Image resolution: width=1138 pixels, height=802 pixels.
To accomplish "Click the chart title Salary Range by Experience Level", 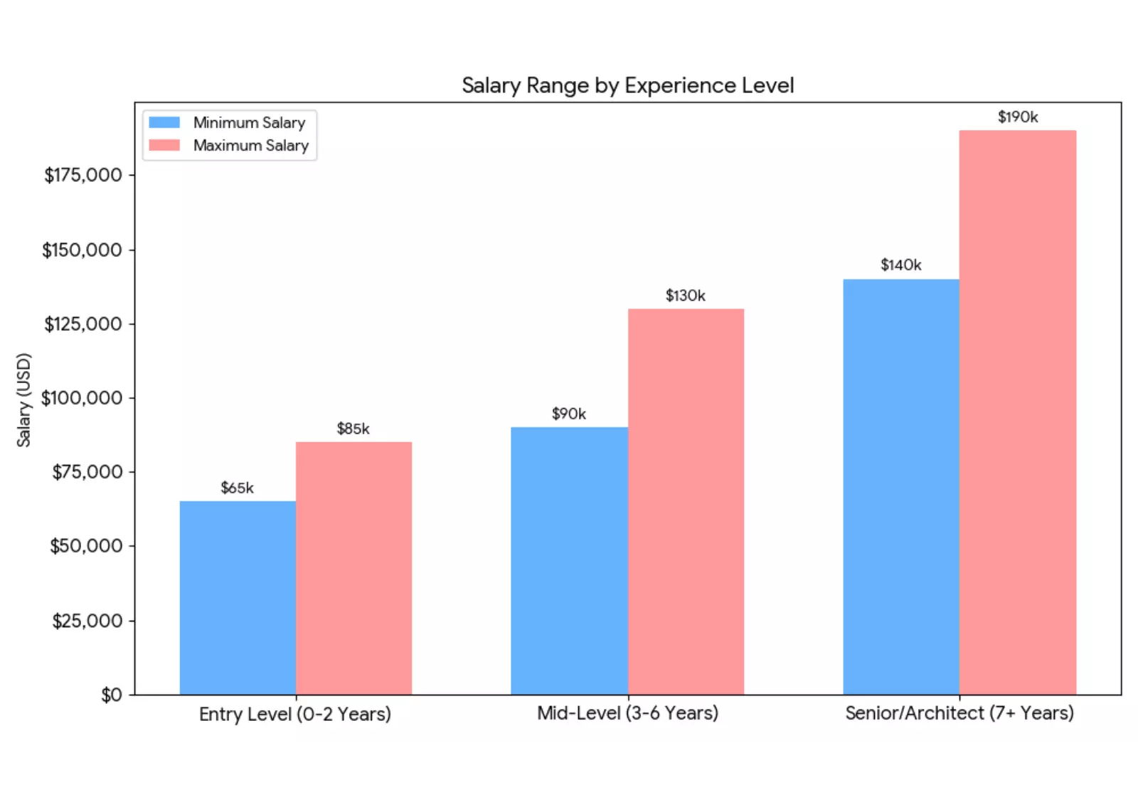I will point(627,85).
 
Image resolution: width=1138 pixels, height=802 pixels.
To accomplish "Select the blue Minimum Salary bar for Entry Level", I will point(238,597).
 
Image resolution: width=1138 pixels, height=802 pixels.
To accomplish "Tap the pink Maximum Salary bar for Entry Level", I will point(353,568).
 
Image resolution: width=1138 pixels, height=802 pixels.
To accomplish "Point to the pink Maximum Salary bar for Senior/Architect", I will point(1017,412).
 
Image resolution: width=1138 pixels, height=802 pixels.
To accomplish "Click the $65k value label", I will point(237,488).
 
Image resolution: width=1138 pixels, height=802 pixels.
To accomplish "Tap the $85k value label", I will point(353,429).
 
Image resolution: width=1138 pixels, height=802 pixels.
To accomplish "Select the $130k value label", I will point(685,296).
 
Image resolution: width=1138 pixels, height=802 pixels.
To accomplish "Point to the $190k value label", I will point(1017,117).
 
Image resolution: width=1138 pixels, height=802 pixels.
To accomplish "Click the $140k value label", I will point(900,265).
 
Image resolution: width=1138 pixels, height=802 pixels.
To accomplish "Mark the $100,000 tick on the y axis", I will point(82,398).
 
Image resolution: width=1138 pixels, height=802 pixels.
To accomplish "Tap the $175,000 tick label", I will point(83,176).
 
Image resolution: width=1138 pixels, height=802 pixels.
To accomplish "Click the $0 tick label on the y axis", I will point(112,695).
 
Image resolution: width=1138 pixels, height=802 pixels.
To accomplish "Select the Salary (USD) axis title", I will point(24,400).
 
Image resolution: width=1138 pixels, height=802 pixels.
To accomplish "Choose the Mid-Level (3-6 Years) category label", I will point(627,713).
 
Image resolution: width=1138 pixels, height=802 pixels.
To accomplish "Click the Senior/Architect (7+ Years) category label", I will point(959,713).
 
